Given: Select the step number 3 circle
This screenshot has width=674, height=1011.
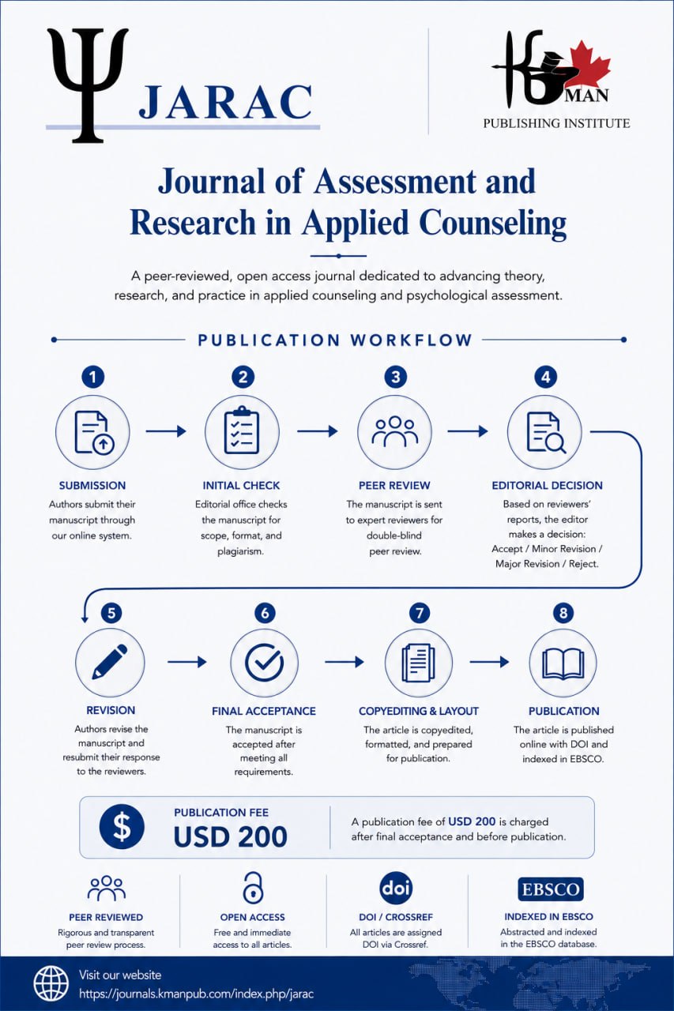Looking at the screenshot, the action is coord(395,377).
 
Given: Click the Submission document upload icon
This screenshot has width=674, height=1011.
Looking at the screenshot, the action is coord(94,432).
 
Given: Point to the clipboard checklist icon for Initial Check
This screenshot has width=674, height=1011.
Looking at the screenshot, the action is coord(242,430).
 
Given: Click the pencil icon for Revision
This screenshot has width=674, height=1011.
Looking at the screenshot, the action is coord(110,662).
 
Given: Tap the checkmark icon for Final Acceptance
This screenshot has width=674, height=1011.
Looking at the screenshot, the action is coord(264,662).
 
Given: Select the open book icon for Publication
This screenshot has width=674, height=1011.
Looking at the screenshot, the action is coord(563,663).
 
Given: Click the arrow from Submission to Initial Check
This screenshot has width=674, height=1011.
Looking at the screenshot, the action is coord(166,431).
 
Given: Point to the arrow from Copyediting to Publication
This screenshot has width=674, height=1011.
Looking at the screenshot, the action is coord(489,662).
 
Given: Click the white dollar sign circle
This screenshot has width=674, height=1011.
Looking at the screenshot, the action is coord(122,826).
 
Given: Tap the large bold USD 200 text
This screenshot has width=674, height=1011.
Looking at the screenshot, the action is coord(230,836).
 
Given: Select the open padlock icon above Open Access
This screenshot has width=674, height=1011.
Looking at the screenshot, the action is coord(253,887).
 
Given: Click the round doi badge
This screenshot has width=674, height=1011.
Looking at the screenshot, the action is coord(396,888).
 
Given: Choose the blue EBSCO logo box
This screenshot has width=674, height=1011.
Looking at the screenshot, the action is coord(550,889).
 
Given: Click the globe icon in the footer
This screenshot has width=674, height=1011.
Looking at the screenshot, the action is coord(51,983).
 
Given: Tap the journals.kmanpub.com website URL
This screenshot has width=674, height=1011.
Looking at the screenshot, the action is coord(197,994).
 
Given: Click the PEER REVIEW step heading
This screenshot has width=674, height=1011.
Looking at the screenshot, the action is coord(394,485).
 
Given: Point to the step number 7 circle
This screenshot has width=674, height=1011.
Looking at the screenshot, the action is coord(420,613).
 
